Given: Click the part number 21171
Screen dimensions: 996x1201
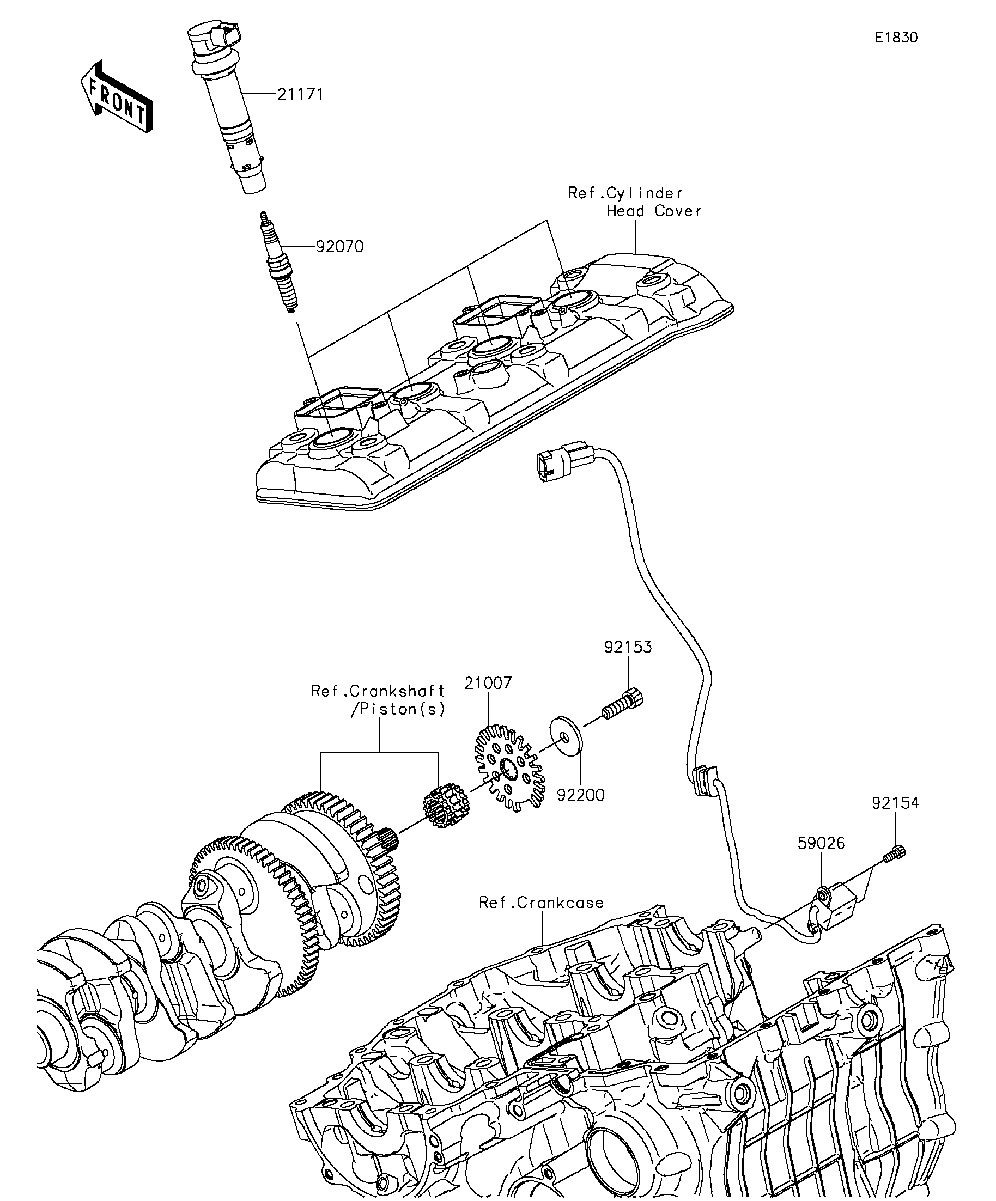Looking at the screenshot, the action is (300, 94).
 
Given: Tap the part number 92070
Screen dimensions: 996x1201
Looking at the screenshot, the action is (340, 247).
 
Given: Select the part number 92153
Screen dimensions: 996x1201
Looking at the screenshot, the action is (628, 647).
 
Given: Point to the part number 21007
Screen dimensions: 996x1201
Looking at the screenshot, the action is (488, 683).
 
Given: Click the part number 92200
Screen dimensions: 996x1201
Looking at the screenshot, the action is (581, 796).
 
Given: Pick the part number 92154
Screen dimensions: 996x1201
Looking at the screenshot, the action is (895, 803).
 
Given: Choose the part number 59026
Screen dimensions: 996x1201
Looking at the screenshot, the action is (822, 843).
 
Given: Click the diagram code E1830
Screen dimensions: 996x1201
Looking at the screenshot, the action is (896, 38).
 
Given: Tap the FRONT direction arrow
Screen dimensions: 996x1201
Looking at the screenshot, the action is (117, 96).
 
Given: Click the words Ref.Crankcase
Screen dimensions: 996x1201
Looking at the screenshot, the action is (541, 902).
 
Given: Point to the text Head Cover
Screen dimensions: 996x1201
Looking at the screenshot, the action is (654, 211).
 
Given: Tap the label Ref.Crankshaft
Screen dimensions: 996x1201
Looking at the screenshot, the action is (378, 690).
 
